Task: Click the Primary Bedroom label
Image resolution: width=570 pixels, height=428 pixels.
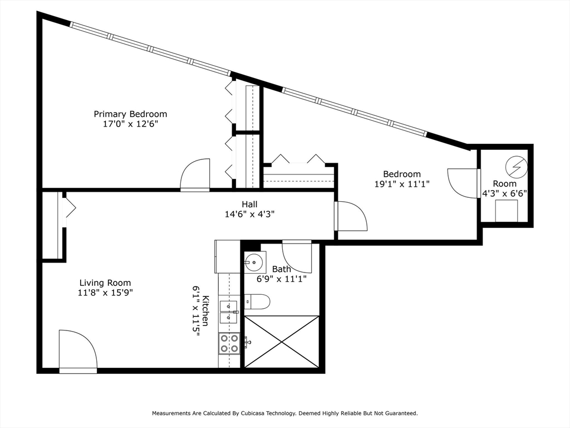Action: [x=130, y=114]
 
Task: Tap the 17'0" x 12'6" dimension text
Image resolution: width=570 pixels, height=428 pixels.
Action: [x=130, y=124]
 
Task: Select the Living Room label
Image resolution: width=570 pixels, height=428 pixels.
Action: [x=105, y=283]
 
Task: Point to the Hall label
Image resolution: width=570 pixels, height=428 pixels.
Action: [x=249, y=204]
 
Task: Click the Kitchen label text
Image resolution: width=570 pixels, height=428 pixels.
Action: [x=205, y=310]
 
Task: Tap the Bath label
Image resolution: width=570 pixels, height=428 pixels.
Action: [x=281, y=269]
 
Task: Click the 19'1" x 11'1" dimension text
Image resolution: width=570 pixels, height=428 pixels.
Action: [x=402, y=184]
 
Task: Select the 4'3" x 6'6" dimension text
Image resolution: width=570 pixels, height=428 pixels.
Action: [x=504, y=193]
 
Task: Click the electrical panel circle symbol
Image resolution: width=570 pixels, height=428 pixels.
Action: [x=516, y=167]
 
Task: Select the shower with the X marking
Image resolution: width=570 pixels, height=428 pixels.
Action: [x=282, y=342]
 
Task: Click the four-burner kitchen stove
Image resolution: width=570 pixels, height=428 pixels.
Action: [x=229, y=343]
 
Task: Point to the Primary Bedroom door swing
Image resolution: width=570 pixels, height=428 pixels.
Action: [x=195, y=174]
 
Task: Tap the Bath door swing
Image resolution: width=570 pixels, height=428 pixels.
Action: [x=297, y=256]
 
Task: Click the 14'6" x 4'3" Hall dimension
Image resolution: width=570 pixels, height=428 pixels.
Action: [x=249, y=214]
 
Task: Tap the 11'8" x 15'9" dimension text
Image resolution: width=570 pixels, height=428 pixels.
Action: [x=105, y=293]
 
